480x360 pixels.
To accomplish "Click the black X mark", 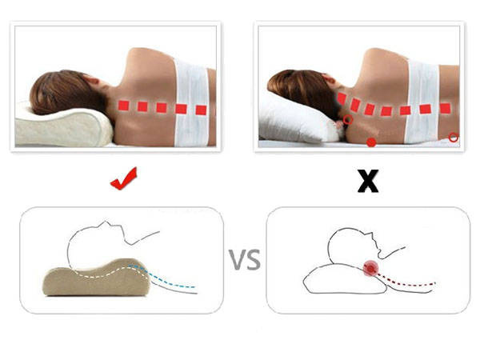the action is click(x=368, y=181).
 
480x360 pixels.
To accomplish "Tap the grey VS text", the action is click(x=245, y=259).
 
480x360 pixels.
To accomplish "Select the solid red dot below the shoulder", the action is click(x=371, y=142).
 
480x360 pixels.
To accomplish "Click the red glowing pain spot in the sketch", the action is click(x=370, y=269).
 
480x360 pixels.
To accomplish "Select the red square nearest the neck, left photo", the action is click(x=123, y=106).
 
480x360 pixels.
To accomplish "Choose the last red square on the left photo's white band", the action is click(x=201, y=110).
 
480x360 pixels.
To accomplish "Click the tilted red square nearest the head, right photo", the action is click(x=342, y=99).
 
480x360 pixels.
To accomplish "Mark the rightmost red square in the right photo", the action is click(x=446, y=108).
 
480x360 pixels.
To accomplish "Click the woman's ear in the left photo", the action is click(x=93, y=81).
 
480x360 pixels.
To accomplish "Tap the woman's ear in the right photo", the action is click(x=329, y=78).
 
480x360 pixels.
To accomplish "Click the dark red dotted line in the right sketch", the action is click(x=406, y=281).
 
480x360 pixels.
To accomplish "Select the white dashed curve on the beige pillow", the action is click(x=107, y=273).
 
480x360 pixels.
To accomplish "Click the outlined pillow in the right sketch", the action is click(x=344, y=279).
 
